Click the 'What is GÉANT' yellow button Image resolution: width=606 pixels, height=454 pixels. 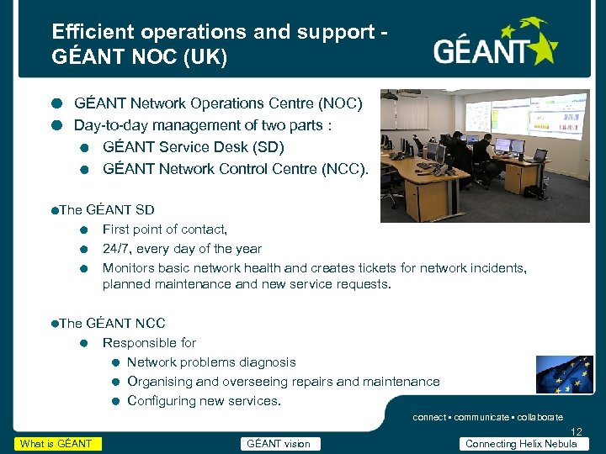(x=57, y=444)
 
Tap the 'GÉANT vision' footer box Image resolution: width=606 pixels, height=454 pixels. (x=278, y=444)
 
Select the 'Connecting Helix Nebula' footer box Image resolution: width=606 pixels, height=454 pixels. (x=521, y=444)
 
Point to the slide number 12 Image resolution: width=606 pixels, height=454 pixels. (x=576, y=430)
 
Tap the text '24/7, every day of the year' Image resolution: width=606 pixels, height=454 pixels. (x=182, y=249)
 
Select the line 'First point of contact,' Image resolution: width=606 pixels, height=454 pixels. (x=165, y=229)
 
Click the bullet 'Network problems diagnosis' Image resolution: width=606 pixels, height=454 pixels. (x=211, y=362)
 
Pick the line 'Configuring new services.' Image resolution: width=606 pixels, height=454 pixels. (x=204, y=401)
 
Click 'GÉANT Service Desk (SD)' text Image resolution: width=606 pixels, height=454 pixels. (x=194, y=147)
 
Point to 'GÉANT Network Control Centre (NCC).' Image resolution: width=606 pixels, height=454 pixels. (x=236, y=168)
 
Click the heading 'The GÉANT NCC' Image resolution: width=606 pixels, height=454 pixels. (x=112, y=323)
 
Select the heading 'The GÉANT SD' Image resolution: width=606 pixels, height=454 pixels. (x=107, y=209)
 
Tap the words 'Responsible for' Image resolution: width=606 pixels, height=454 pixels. (x=149, y=343)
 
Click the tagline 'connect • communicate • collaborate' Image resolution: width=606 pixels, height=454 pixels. (x=487, y=417)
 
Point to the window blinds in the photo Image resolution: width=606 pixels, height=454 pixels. (x=412, y=113)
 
